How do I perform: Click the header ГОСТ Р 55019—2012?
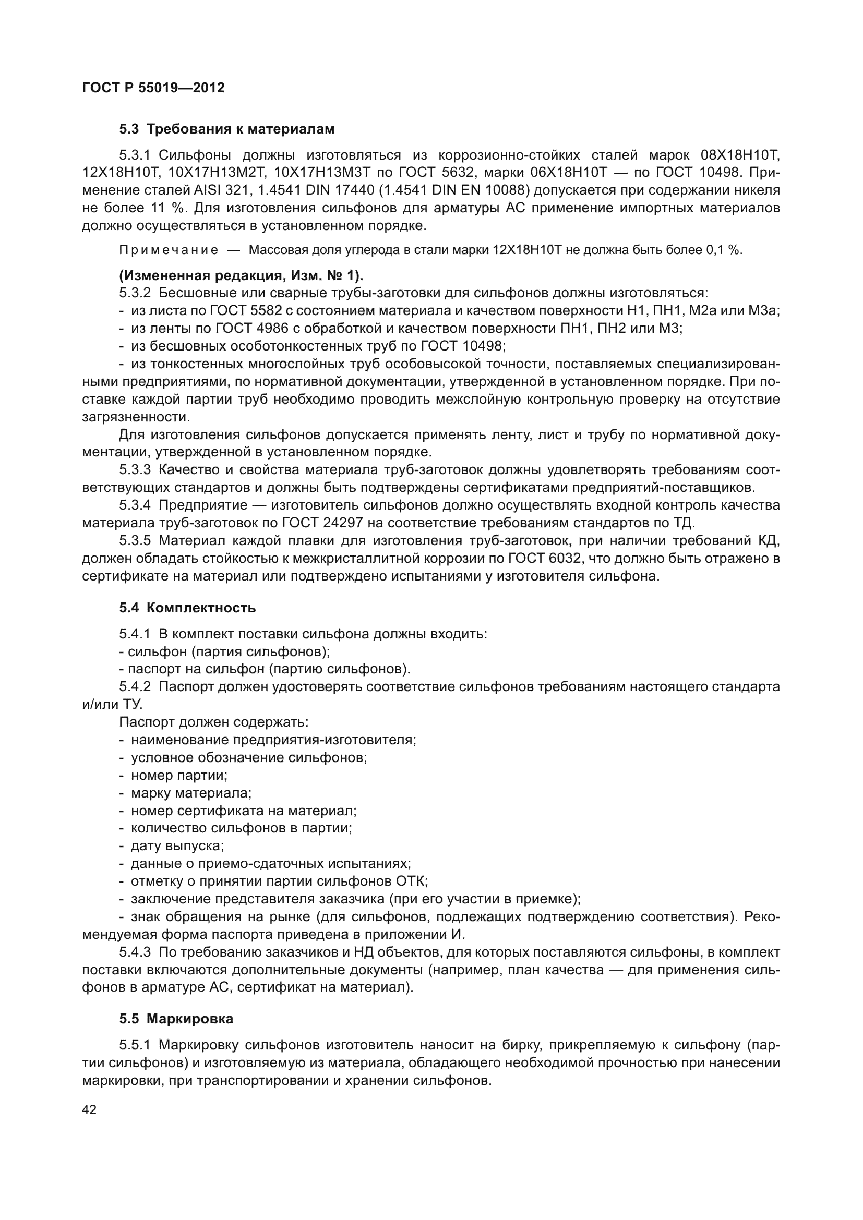click(x=153, y=88)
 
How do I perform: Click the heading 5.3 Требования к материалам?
click(x=227, y=129)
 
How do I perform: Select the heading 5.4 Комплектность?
click(x=188, y=608)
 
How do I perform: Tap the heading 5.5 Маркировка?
click(x=176, y=1019)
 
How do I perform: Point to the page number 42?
click(x=89, y=1109)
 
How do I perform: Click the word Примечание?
click(x=169, y=250)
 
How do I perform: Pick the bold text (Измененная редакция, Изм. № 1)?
click(x=241, y=276)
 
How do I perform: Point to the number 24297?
click(x=342, y=523)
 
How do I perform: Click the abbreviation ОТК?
click(x=411, y=881)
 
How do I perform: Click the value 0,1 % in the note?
click(x=724, y=250)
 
